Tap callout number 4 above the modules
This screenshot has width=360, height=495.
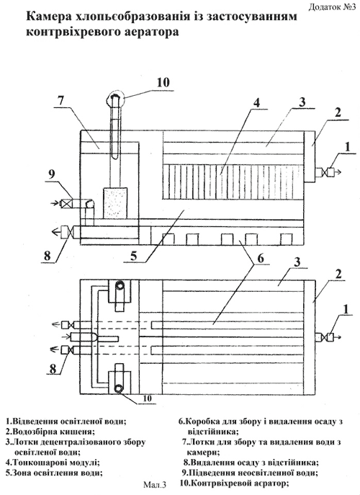tap(256, 103)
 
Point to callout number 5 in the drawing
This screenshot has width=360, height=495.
tap(134, 256)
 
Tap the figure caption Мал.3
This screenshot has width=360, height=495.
tap(154, 483)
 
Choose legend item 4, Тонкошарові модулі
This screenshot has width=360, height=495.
tap(53, 463)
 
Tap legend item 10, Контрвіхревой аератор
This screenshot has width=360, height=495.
tap(235, 483)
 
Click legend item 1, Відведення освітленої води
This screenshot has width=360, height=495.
tap(66, 421)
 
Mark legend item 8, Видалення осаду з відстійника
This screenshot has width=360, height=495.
tap(251, 463)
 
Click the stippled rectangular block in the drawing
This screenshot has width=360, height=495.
tap(115, 203)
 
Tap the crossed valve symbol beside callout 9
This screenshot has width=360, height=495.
tap(66, 204)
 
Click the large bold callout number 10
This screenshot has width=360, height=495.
tap(163, 82)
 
